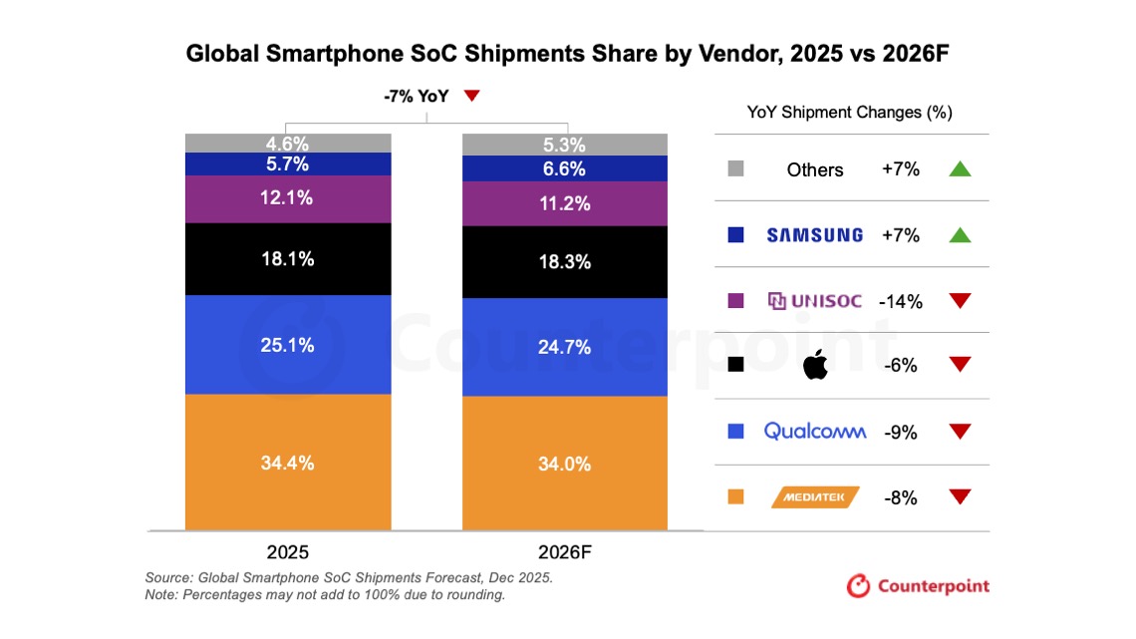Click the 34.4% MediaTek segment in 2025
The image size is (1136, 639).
coord(288,463)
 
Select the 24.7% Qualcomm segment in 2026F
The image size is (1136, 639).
coord(564,347)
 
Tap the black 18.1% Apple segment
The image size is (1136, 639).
coord(288,259)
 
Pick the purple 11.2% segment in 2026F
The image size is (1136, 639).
coord(564,204)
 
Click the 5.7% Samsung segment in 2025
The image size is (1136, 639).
coord(288,163)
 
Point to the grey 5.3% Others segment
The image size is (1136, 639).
coord(564,145)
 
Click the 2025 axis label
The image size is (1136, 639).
coord(288,552)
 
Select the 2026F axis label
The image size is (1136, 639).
coord(564,552)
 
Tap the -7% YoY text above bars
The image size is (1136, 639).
coord(416,97)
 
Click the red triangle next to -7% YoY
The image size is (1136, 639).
coord(472,96)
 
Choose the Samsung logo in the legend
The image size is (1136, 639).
coord(814,235)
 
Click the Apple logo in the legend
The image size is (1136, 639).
coord(815,365)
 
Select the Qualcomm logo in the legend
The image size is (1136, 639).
coord(814,431)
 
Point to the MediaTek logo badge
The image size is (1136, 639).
coord(815,496)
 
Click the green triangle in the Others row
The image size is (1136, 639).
coord(960,168)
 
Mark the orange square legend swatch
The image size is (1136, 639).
coord(736,496)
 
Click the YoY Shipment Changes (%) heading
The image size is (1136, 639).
coord(849,113)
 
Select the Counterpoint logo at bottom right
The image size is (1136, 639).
coord(918,585)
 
